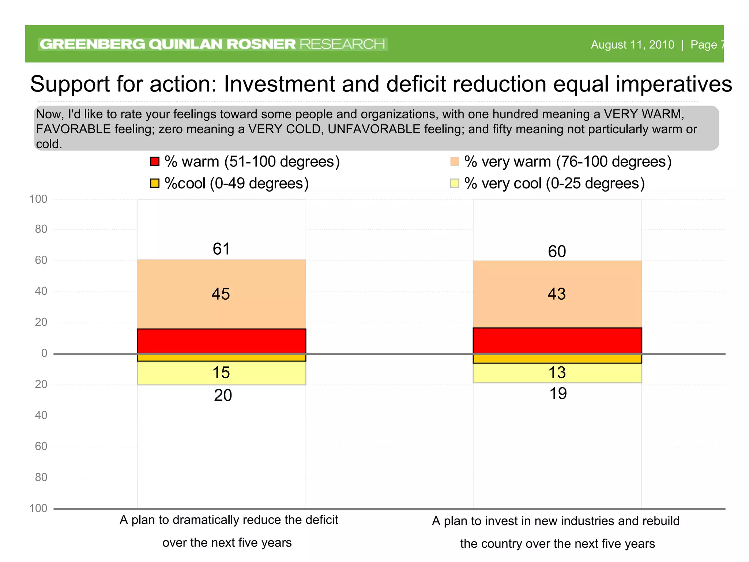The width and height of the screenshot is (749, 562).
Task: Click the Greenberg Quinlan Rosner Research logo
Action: point(212,44)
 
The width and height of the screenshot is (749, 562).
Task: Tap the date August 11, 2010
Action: point(632,45)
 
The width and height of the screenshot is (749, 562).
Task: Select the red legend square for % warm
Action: point(155,161)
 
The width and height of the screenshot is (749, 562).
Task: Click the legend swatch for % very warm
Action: point(454,161)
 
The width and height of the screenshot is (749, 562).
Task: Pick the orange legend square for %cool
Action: point(155,183)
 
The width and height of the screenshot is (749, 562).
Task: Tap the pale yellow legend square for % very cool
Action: point(454,183)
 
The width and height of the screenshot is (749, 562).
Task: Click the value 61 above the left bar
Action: point(221,249)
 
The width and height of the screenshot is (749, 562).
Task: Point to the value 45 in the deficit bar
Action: point(221,294)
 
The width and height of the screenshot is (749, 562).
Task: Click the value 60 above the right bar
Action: point(557,251)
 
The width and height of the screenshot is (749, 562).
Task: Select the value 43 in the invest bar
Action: point(556,294)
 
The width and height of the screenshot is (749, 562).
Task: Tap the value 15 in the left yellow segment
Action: point(221,372)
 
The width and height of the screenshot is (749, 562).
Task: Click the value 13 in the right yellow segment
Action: point(557,372)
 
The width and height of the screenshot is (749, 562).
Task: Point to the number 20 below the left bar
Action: point(223,395)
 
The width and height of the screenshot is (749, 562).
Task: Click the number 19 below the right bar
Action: point(558,393)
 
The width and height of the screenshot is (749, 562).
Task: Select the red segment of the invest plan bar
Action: point(557,340)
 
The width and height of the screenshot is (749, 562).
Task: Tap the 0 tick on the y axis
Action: point(44,353)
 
